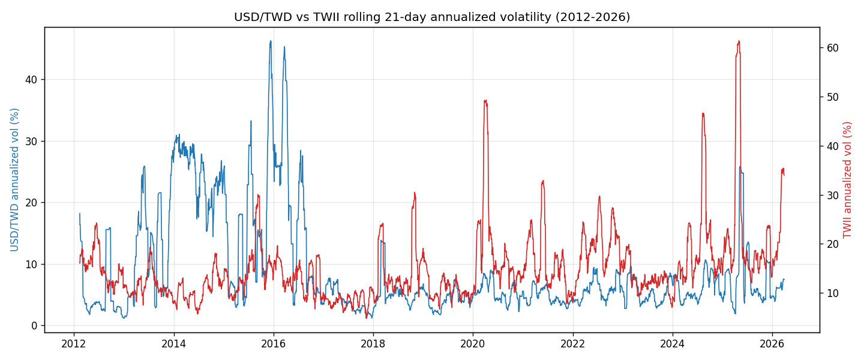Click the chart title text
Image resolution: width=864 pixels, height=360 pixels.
(432, 17)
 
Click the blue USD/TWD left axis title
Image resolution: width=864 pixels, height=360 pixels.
(14, 180)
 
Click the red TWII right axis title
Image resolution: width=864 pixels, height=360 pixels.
(847, 180)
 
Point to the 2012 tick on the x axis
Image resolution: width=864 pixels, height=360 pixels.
(74, 344)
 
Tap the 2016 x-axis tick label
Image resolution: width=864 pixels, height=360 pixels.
(274, 344)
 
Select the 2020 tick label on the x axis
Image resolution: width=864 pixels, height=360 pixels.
(473, 344)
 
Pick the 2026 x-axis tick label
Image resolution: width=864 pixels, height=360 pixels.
(772, 344)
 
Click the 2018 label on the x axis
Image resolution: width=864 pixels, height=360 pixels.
(373, 344)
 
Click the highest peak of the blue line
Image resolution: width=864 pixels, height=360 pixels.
(271, 41)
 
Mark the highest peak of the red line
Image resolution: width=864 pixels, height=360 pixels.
(739, 41)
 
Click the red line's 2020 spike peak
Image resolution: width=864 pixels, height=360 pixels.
(485, 100)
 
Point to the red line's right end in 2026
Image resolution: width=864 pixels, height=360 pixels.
(784, 175)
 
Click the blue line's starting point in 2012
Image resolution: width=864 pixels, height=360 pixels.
(80, 214)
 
